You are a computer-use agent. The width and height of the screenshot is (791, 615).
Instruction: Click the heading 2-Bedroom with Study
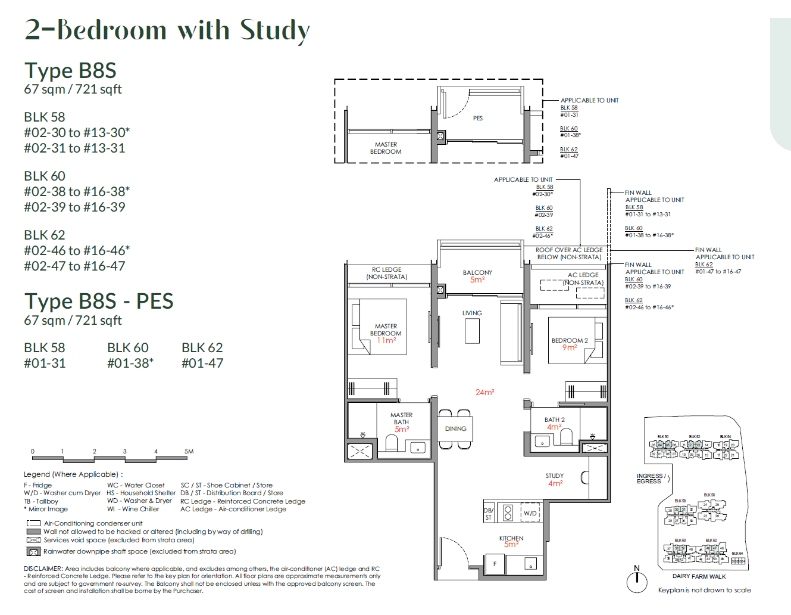pyautogui.click(x=167, y=30)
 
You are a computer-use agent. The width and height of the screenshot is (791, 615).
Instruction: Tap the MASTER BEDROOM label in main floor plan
pyautogui.click(x=386, y=330)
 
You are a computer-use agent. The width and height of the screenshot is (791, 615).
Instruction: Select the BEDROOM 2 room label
pyautogui.click(x=569, y=341)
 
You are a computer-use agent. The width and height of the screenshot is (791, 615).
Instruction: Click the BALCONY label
pyautogui.click(x=477, y=272)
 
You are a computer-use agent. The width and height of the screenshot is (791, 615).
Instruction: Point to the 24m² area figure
pyautogui.click(x=484, y=392)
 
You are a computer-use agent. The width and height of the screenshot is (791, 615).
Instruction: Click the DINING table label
pyautogui.click(x=455, y=428)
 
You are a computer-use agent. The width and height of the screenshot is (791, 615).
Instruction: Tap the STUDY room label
pyautogui.click(x=555, y=476)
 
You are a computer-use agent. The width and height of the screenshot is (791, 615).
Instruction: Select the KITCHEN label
pyautogui.click(x=511, y=538)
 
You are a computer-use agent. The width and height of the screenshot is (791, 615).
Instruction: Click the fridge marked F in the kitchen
pyautogui.click(x=495, y=564)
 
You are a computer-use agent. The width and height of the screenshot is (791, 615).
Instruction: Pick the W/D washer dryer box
pyautogui.click(x=530, y=513)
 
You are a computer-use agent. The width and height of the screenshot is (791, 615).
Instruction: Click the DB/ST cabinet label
pyautogui.click(x=488, y=514)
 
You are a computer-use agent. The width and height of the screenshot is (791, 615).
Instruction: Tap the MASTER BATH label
pyautogui.click(x=401, y=418)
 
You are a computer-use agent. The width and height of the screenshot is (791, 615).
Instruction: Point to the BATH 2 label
pyautogui.click(x=554, y=420)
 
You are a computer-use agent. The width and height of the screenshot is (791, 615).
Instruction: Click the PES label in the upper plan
pyautogui.click(x=477, y=118)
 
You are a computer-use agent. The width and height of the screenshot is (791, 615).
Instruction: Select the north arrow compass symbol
pyautogui.click(x=637, y=581)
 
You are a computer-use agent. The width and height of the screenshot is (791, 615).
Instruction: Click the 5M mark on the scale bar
pyautogui.click(x=189, y=452)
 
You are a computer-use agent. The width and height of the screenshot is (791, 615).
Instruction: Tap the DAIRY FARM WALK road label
pyautogui.click(x=699, y=576)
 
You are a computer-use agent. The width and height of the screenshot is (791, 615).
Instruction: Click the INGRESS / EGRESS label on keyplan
pyautogui.click(x=649, y=479)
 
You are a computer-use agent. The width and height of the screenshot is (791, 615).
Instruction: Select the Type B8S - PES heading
pyautogui.click(x=99, y=302)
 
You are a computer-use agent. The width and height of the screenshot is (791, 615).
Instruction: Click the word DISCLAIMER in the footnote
pyautogui.click(x=43, y=569)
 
